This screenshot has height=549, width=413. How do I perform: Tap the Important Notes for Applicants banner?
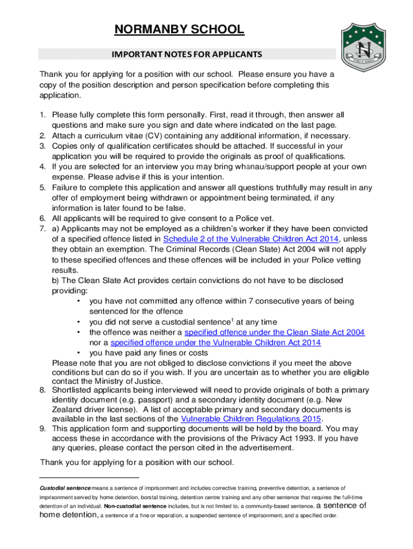point(187,54)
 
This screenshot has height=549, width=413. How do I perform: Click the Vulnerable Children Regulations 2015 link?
point(252,419)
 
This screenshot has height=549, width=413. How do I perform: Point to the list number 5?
point(42,188)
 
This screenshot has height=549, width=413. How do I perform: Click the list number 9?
point(42,429)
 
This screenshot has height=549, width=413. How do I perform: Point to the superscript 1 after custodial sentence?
point(232,320)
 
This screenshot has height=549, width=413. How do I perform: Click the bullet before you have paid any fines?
point(79,353)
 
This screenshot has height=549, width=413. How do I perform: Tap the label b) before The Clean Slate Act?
point(55,280)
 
